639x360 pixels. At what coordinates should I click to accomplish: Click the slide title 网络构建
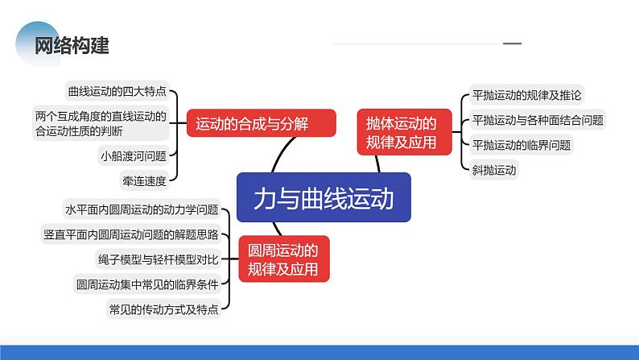click(72, 45)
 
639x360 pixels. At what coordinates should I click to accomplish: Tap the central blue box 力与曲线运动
click(324, 197)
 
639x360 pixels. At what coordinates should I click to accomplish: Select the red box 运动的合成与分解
click(262, 123)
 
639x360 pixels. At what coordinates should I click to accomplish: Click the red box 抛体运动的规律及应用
click(404, 132)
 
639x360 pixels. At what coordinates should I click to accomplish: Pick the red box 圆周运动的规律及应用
click(283, 259)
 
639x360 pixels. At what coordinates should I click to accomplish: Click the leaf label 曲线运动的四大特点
click(117, 91)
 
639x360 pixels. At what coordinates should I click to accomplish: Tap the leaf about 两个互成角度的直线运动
click(101, 123)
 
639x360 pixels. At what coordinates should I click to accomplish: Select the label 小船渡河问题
click(134, 155)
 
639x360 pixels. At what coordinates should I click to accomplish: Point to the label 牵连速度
click(144, 180)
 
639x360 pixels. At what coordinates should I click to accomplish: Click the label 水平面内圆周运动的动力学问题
click(142, 209)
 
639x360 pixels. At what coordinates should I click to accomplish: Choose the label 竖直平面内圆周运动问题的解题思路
click(131, 234)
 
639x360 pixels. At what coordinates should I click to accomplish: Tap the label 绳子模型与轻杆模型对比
click(158, 259)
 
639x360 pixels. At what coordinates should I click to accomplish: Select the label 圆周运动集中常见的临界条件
click(147, 284)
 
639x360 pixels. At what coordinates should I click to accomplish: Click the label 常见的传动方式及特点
click(163, 309)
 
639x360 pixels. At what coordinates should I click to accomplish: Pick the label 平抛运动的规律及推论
click(526, 95)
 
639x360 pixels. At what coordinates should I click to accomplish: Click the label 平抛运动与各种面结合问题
click(538, 120)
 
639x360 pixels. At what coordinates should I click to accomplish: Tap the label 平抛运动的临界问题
click(522, 145)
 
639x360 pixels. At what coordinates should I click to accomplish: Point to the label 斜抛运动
click(494, 170)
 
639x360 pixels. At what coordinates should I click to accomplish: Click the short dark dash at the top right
click(513, 43)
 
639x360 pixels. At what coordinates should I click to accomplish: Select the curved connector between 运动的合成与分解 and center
click(281, 153)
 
